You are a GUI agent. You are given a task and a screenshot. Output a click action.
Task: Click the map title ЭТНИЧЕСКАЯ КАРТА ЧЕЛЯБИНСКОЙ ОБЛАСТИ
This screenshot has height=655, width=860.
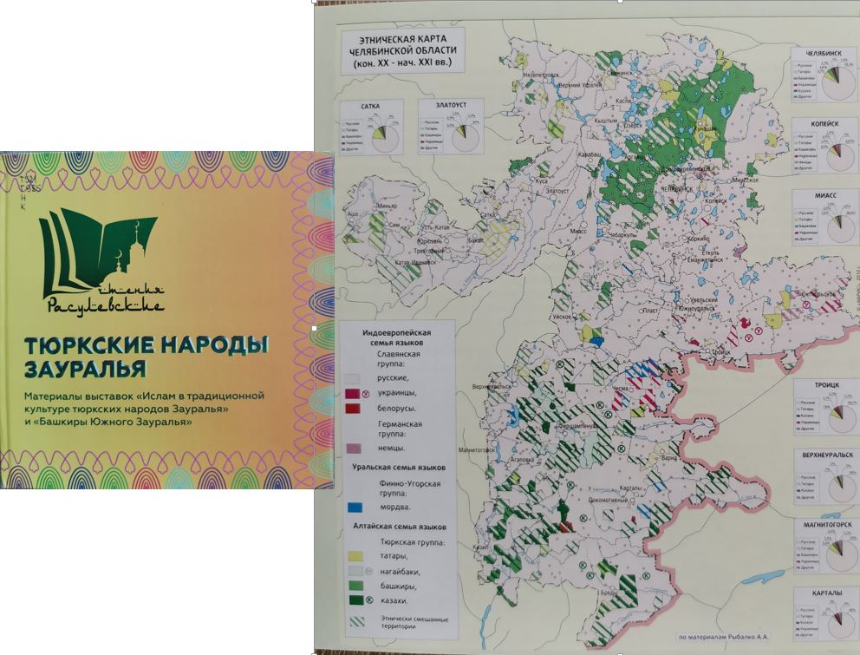tap(402, 51)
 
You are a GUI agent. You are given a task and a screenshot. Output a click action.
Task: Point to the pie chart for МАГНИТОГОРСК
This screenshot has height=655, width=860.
tap(837, 554)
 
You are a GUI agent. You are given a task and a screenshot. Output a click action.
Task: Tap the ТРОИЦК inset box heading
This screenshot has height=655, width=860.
tap(823, 385)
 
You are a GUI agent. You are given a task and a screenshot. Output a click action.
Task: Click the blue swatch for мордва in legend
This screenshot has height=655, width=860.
tap(353, 506)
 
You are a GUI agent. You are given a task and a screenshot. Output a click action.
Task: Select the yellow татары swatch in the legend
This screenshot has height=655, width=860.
tap(353, 555)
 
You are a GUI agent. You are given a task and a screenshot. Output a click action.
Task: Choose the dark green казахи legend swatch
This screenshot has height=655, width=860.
tap(353, 599)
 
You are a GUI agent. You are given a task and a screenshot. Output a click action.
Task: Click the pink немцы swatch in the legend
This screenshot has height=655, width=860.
tap(353, 448)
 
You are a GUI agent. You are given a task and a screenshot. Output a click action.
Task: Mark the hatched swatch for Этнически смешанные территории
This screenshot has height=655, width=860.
tap(353, 621)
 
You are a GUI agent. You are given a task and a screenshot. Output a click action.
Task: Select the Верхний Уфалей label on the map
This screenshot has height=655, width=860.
tap(578, 85)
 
